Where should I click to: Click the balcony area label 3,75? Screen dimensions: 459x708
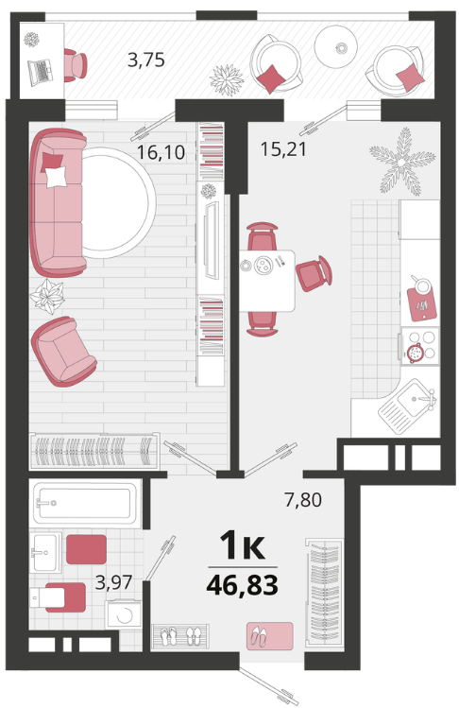coord(145,60)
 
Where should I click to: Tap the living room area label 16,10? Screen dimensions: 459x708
coord(161,152)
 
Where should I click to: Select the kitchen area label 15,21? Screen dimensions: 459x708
coord(283,149)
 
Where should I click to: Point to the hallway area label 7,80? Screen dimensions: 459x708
coord(303,500)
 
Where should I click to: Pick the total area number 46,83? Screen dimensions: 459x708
coord(242,585)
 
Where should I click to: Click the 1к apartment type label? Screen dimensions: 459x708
coord(242,545)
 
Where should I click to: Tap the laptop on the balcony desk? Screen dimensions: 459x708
coord(41,72)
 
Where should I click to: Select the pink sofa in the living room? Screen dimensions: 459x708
coord(58,202)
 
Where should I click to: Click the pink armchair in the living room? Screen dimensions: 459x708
coord(63,352)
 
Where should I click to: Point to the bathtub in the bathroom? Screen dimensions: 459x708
coord(86,503)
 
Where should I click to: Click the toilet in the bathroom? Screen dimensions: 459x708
coord(57,597)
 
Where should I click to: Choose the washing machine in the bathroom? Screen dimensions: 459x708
coord(123,614)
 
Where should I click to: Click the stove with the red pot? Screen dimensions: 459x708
coord(419,346)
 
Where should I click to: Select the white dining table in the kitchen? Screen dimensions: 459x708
coord(266,281)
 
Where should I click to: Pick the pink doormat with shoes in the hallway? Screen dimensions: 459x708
coord(269,636)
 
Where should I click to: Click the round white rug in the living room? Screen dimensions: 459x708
coord(118,202)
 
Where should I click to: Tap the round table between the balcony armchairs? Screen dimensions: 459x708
coord(336,45)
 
